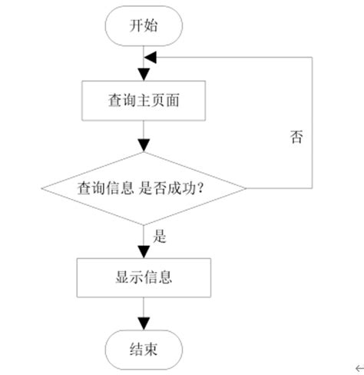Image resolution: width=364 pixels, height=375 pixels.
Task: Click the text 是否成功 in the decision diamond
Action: [170, 188]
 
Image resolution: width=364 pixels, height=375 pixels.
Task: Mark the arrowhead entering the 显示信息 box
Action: [144, 251]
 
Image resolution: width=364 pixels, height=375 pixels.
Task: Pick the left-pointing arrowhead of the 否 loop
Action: [151, 57]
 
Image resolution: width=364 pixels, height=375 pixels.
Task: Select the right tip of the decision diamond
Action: [246, 188]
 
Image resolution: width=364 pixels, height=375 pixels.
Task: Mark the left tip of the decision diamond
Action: [41, 188]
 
